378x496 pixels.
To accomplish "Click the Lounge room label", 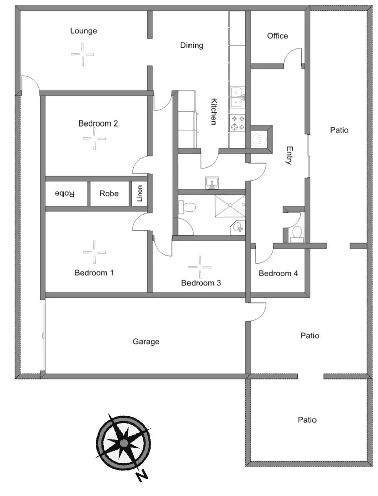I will tap(84, 31).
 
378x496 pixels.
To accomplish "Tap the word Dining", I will tap(192, 45).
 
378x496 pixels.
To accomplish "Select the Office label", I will tap(277, 36).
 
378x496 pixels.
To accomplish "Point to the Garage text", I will tap(146, 342).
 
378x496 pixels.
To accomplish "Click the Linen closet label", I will tap(140, 194).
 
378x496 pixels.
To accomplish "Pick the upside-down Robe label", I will tap(65, 194).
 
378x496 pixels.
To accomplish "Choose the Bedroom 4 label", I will tap(278, 273).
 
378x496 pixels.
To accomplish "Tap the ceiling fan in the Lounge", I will tap(82, 54).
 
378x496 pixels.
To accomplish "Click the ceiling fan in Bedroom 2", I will tap(95, 138).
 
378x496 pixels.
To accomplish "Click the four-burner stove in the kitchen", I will tap(237, 122).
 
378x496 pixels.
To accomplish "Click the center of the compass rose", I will tap(123, 442).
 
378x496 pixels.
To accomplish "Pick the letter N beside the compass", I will tap(143, 475).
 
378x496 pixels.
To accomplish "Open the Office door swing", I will tap(292, 57).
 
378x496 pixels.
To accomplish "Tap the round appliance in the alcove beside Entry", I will tap(260, 139).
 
